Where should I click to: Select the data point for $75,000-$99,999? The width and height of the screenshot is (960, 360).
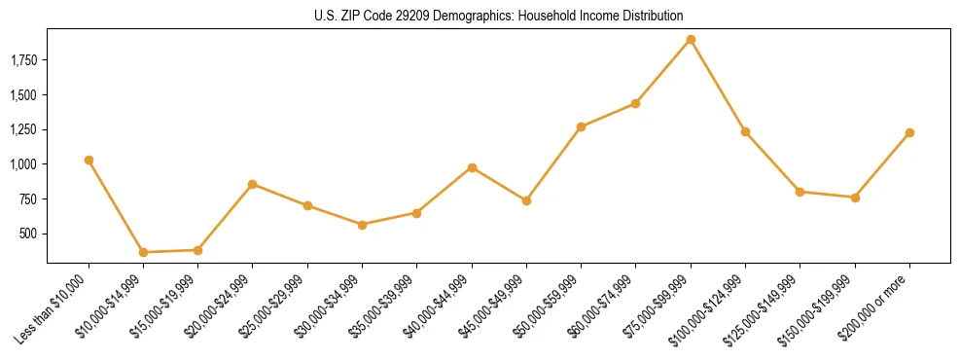pos(691,40)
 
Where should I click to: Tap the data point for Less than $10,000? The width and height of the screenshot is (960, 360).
pos(89,160)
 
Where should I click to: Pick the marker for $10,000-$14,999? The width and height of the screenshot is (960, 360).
pos(143,252)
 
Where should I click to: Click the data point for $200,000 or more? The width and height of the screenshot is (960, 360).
pos(909,132)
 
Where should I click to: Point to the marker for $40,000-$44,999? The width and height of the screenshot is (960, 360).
pos(472,167)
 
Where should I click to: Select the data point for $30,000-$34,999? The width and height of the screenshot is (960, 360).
pos(362,225)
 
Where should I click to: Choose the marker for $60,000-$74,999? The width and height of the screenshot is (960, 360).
pos(635,103)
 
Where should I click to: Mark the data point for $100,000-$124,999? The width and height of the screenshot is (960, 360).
pos(745,131)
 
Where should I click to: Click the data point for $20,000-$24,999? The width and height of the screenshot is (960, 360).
pos(253,184)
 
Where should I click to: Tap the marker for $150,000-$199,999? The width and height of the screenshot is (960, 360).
pos(855,198)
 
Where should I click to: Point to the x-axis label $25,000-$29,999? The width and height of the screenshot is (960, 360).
pos(277,305)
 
